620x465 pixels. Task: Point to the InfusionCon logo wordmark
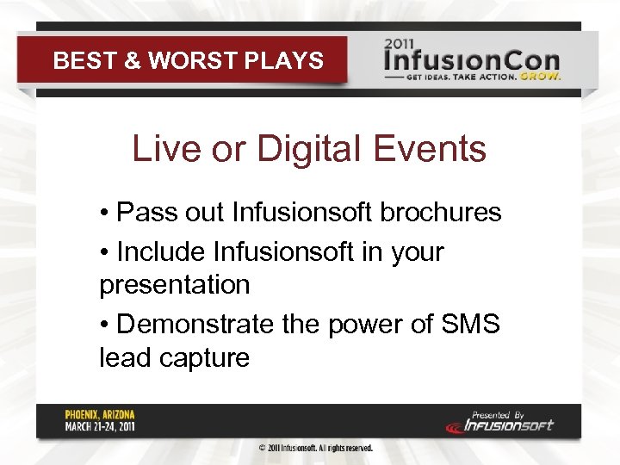click(472, 61)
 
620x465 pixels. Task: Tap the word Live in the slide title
click(161, 149)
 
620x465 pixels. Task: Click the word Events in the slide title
click(432, 149)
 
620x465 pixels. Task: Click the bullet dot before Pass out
click(103, 213)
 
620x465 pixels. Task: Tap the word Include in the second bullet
click(160, 252)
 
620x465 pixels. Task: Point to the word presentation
click(174, 285)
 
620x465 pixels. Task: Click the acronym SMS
click(468, 325)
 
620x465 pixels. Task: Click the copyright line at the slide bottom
click(316, 449)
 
